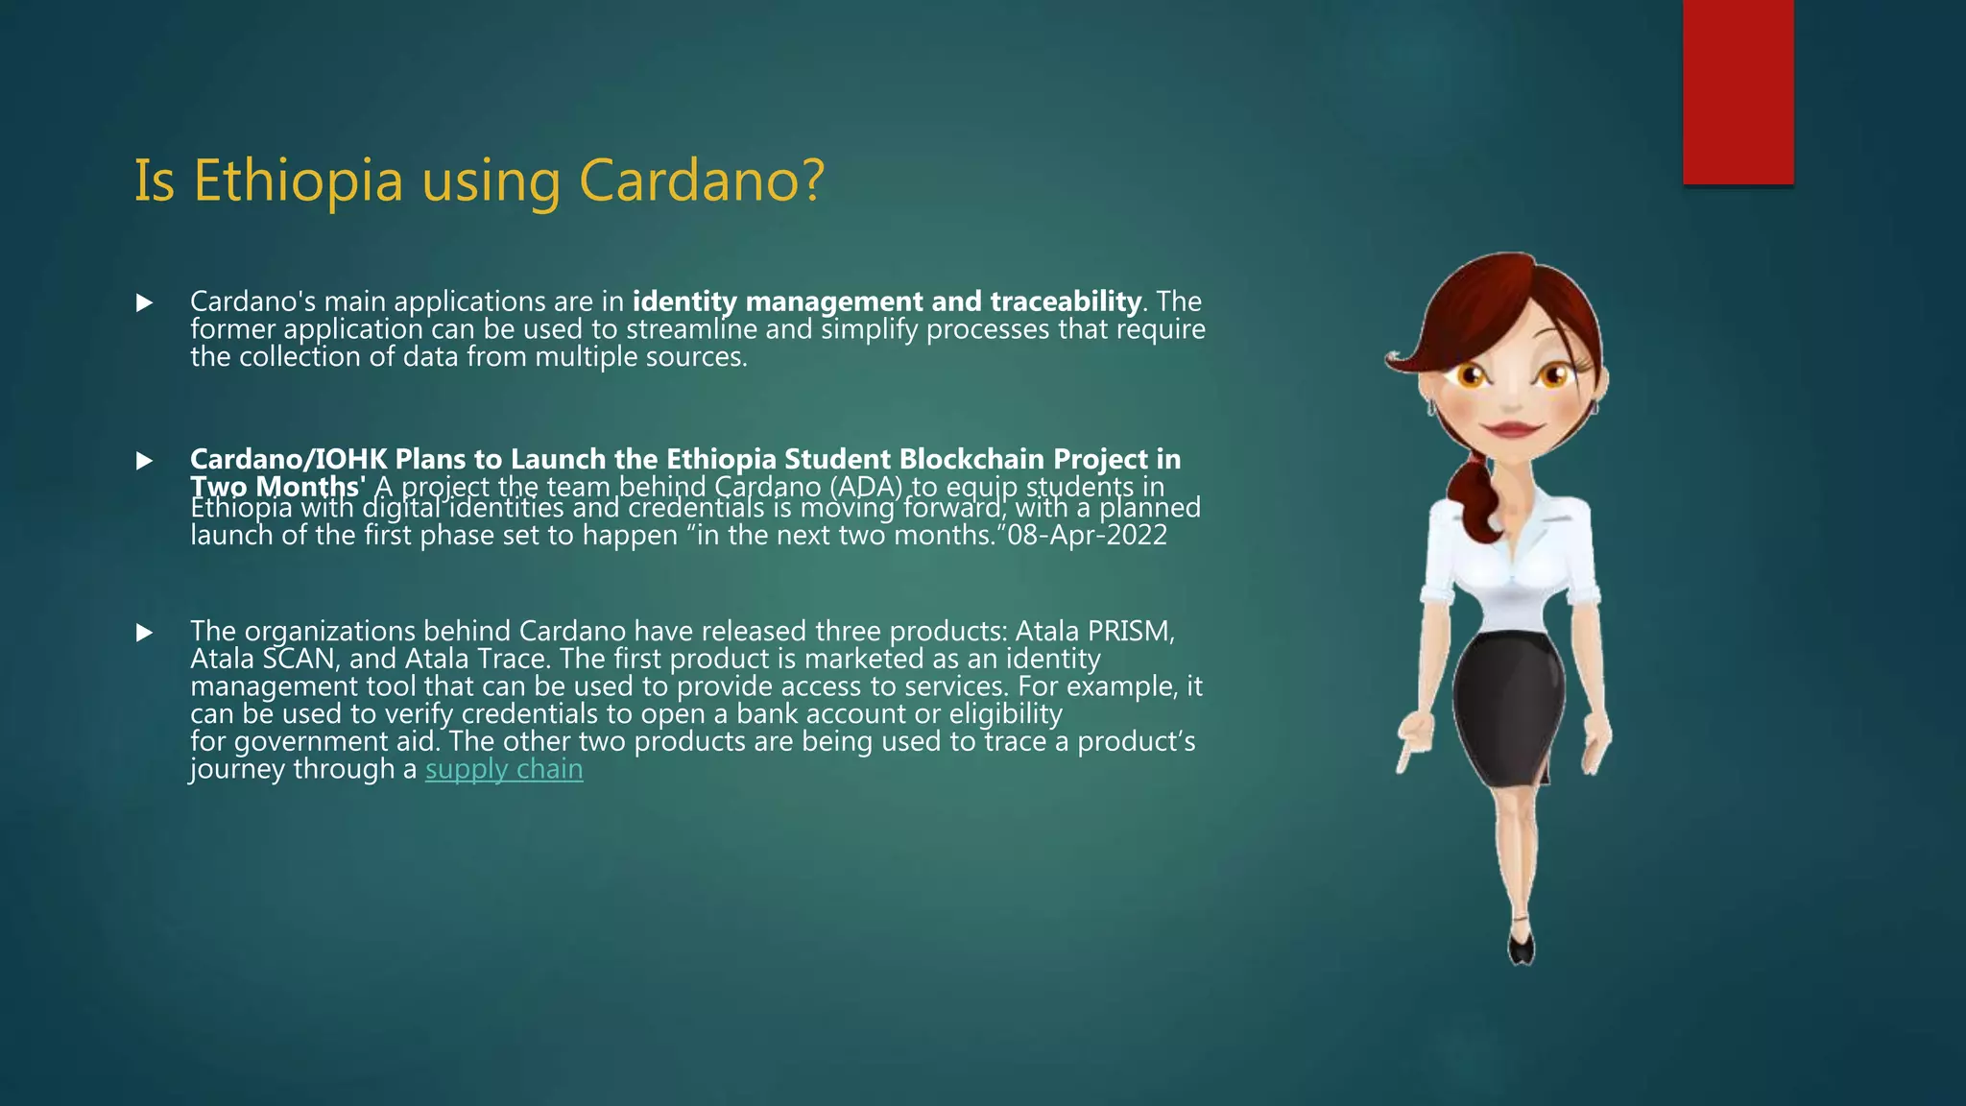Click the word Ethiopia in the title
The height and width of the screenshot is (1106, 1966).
[298, 180]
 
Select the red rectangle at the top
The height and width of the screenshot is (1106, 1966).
[1738, 91]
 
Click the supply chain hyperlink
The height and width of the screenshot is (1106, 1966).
[504, 769]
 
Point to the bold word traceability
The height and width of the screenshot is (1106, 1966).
[1066, 301]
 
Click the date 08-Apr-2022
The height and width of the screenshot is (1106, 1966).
[1087, 535]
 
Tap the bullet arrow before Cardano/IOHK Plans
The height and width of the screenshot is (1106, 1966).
[145, 461]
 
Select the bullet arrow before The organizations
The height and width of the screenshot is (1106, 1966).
[145, 633]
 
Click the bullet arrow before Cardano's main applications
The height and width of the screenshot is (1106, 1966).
[145, 303]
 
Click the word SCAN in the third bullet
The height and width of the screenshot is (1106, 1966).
[299, 659]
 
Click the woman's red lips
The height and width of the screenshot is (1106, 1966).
[1512, 428]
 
